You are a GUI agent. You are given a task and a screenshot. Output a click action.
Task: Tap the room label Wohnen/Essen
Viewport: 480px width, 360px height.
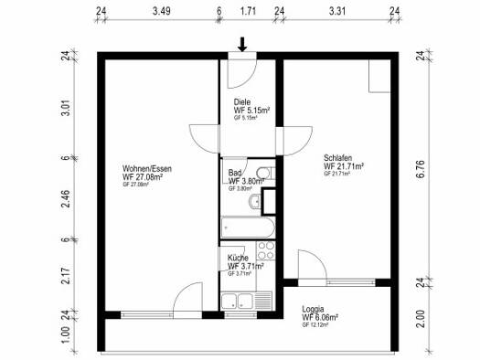tap(146, 168)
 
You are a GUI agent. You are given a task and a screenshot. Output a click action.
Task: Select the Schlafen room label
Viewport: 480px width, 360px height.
tap(339, 156)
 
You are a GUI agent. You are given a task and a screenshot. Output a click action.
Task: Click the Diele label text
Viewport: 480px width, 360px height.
tap(242, 101)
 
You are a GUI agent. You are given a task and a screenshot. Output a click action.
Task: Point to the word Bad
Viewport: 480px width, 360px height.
tap(235, 172)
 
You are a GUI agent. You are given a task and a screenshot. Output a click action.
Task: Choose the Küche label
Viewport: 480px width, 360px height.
tap(238, 258)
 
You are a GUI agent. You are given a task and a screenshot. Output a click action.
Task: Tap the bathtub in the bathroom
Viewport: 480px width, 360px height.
tap(242, 226)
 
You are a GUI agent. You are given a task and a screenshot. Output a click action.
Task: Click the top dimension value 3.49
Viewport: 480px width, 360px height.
tap(161, 13)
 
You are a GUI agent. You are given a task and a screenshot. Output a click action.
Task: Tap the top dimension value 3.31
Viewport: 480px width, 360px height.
tap(336, 13)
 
